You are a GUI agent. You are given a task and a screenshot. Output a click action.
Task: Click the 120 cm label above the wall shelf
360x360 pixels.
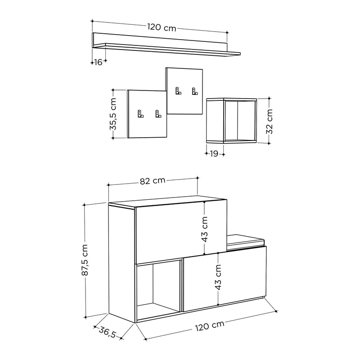pos(162,27)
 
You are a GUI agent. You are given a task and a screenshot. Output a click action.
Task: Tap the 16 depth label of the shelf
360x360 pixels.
pos(98,62)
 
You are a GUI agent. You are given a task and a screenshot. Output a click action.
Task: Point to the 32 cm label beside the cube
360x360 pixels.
pos(269,121)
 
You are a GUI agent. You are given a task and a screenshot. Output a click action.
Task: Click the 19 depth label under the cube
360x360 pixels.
pos(214,153)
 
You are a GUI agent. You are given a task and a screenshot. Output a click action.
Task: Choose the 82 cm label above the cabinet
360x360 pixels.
pos(153,181)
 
